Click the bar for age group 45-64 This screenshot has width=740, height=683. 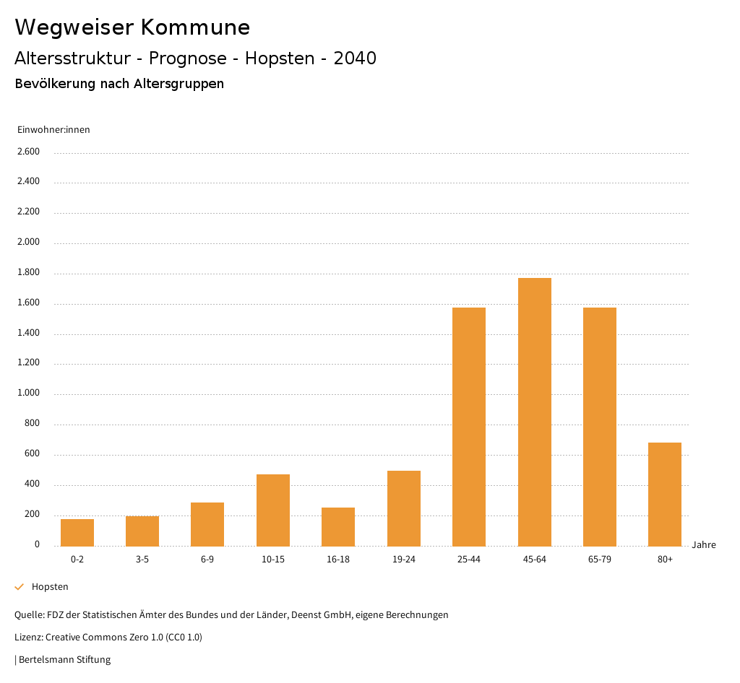tap(534, 412)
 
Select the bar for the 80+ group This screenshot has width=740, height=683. tap(665, 494)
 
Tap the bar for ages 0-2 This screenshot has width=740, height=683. tap(77, 532)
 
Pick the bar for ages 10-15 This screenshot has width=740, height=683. tap(273, 510)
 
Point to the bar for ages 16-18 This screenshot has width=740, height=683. tap(338, 526)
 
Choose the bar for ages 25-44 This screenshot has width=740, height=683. tap(469, 426)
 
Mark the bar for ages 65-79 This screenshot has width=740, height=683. tap(600, 426)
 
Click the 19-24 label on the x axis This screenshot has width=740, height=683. tap(403, 560)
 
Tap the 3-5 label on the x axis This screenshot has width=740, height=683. tap(142, 560)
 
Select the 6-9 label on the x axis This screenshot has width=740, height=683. tap(207, 560)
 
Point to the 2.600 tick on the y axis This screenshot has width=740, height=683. tap(28, 152)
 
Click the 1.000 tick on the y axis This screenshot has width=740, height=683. tap(28, 393)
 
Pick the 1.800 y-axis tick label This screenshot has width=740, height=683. tap(28, 273)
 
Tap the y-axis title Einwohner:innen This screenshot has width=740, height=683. tap(53, 130)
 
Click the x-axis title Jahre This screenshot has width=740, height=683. tap(704, 545)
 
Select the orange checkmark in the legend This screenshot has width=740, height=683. tap(20, 587)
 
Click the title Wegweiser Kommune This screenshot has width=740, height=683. tap(132, 27)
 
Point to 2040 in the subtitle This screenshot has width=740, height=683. tap(355, 58)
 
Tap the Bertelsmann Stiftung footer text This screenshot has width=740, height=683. tap(64, 659)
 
